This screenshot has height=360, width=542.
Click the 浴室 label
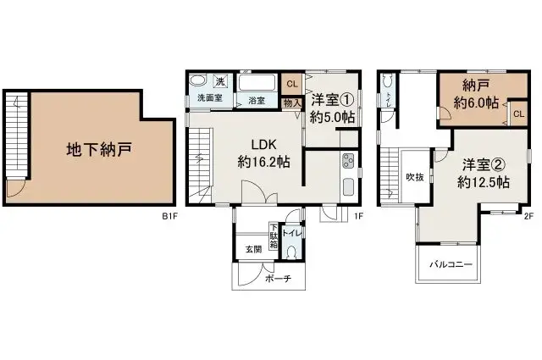click(x=256, y=101)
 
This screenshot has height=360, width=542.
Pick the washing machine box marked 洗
click(x=219, y=82)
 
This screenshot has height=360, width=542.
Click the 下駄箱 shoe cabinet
click(x=274, y=235)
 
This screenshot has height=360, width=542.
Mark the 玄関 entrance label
click(x=253, y=249)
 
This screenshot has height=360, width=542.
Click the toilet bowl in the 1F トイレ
click(x=291, y=252)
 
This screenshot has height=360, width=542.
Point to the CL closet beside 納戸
click(x=517, y=113)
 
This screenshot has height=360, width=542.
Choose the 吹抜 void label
click(x=415, y=177)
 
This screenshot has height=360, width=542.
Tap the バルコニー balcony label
click(x=450, y=264)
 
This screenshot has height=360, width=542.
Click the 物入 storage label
click(x=292, y=102)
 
